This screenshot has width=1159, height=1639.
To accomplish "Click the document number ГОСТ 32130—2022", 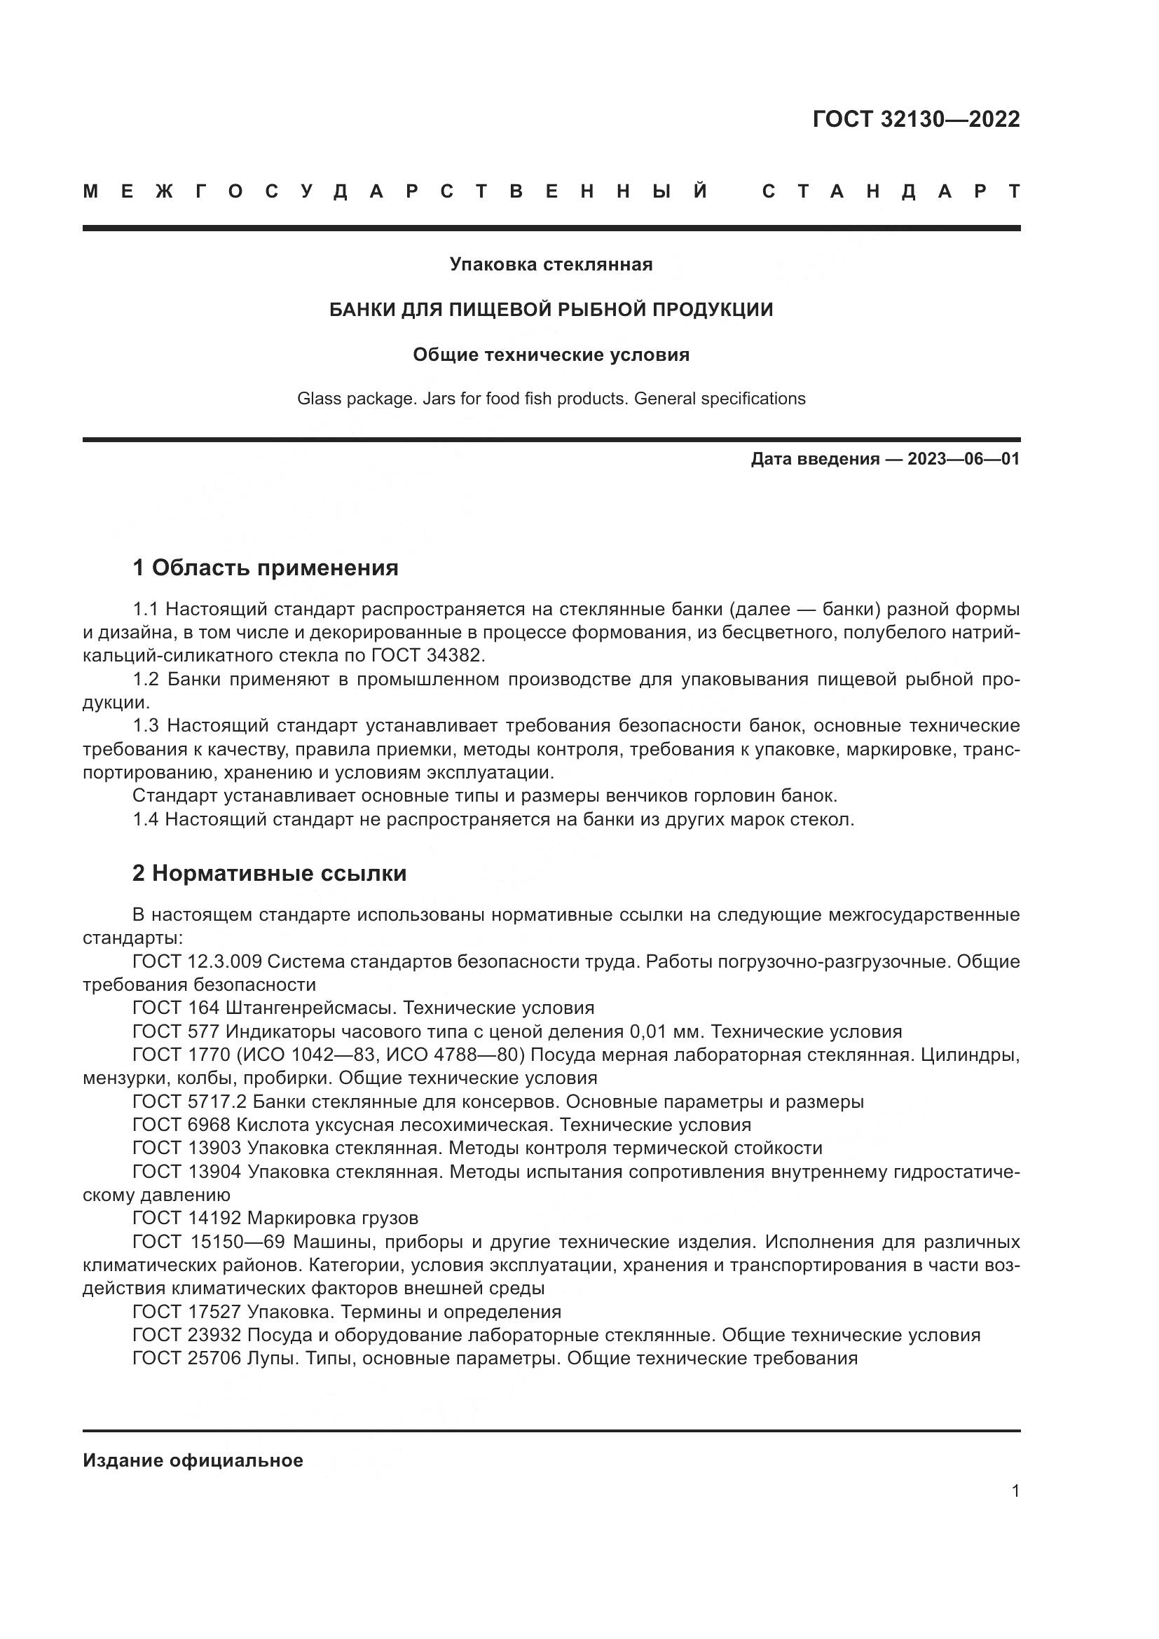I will click(916, 119).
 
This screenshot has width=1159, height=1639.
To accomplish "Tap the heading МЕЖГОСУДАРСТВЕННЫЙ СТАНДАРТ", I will click(551, 191).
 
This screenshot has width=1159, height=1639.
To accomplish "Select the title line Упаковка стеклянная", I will click(551, 265).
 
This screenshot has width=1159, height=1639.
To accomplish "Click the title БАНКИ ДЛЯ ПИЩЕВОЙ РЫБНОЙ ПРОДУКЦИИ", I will click(551, 310).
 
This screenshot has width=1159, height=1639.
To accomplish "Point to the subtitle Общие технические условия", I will click(551, 355).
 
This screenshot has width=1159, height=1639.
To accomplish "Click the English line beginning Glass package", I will click(551, 398).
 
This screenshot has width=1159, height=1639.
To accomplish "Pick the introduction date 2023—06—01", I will click(963, 459).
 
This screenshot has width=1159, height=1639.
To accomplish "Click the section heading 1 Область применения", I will click(266, 568).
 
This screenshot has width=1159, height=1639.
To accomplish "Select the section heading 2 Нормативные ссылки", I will click(270, 874).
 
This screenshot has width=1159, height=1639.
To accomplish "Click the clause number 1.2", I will click(147, 680).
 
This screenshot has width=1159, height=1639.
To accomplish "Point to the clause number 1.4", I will click(147, 820).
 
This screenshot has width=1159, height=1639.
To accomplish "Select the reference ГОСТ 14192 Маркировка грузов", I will click(275, 1218).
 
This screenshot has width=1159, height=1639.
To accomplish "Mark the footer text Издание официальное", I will click(193, 1460).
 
